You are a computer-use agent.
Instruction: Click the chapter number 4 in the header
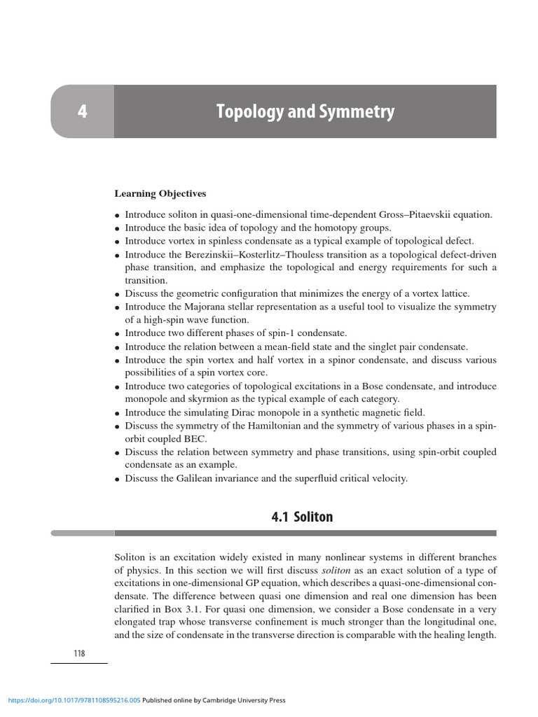[82, 112]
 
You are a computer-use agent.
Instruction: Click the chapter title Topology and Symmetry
[305, 112]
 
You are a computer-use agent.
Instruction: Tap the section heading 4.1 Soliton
[302, 517]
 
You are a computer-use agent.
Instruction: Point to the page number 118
[79, 653]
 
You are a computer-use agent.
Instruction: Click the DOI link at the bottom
[74, 700]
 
